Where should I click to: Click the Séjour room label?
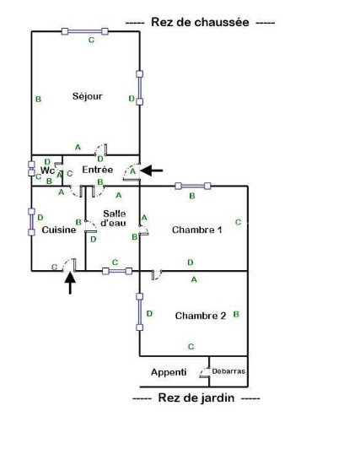click(x=87, y=96)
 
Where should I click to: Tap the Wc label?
click(x=47, y=170)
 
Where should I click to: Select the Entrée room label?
click(x=98, y=170)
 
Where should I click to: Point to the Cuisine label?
click(x=59, y=230)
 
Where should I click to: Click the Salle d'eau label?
click(x=114, y=219)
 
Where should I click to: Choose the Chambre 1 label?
click(x=197, y=230)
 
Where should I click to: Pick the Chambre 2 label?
click(x=201, y=316)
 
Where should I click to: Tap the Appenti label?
click(x=169, y=372)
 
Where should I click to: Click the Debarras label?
click(x=228, y=371)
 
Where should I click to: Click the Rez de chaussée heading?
click(x=200, y=22)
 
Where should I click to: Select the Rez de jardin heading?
click(x=196, y=398)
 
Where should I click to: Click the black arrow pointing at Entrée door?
click(x=152, y=170)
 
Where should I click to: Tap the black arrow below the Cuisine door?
click(x=70, y=283)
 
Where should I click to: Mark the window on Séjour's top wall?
click(x=85, y=31)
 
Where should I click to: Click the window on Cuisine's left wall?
click(x=31, y=222)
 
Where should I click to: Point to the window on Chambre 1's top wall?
click(x=193, y=187)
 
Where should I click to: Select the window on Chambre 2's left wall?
click(x=140, y=311)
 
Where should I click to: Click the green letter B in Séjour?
click(x=38, y=99)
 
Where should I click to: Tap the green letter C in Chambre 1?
click(x=239, y=222)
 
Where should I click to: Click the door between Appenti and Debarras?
click(x=206, y=372)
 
